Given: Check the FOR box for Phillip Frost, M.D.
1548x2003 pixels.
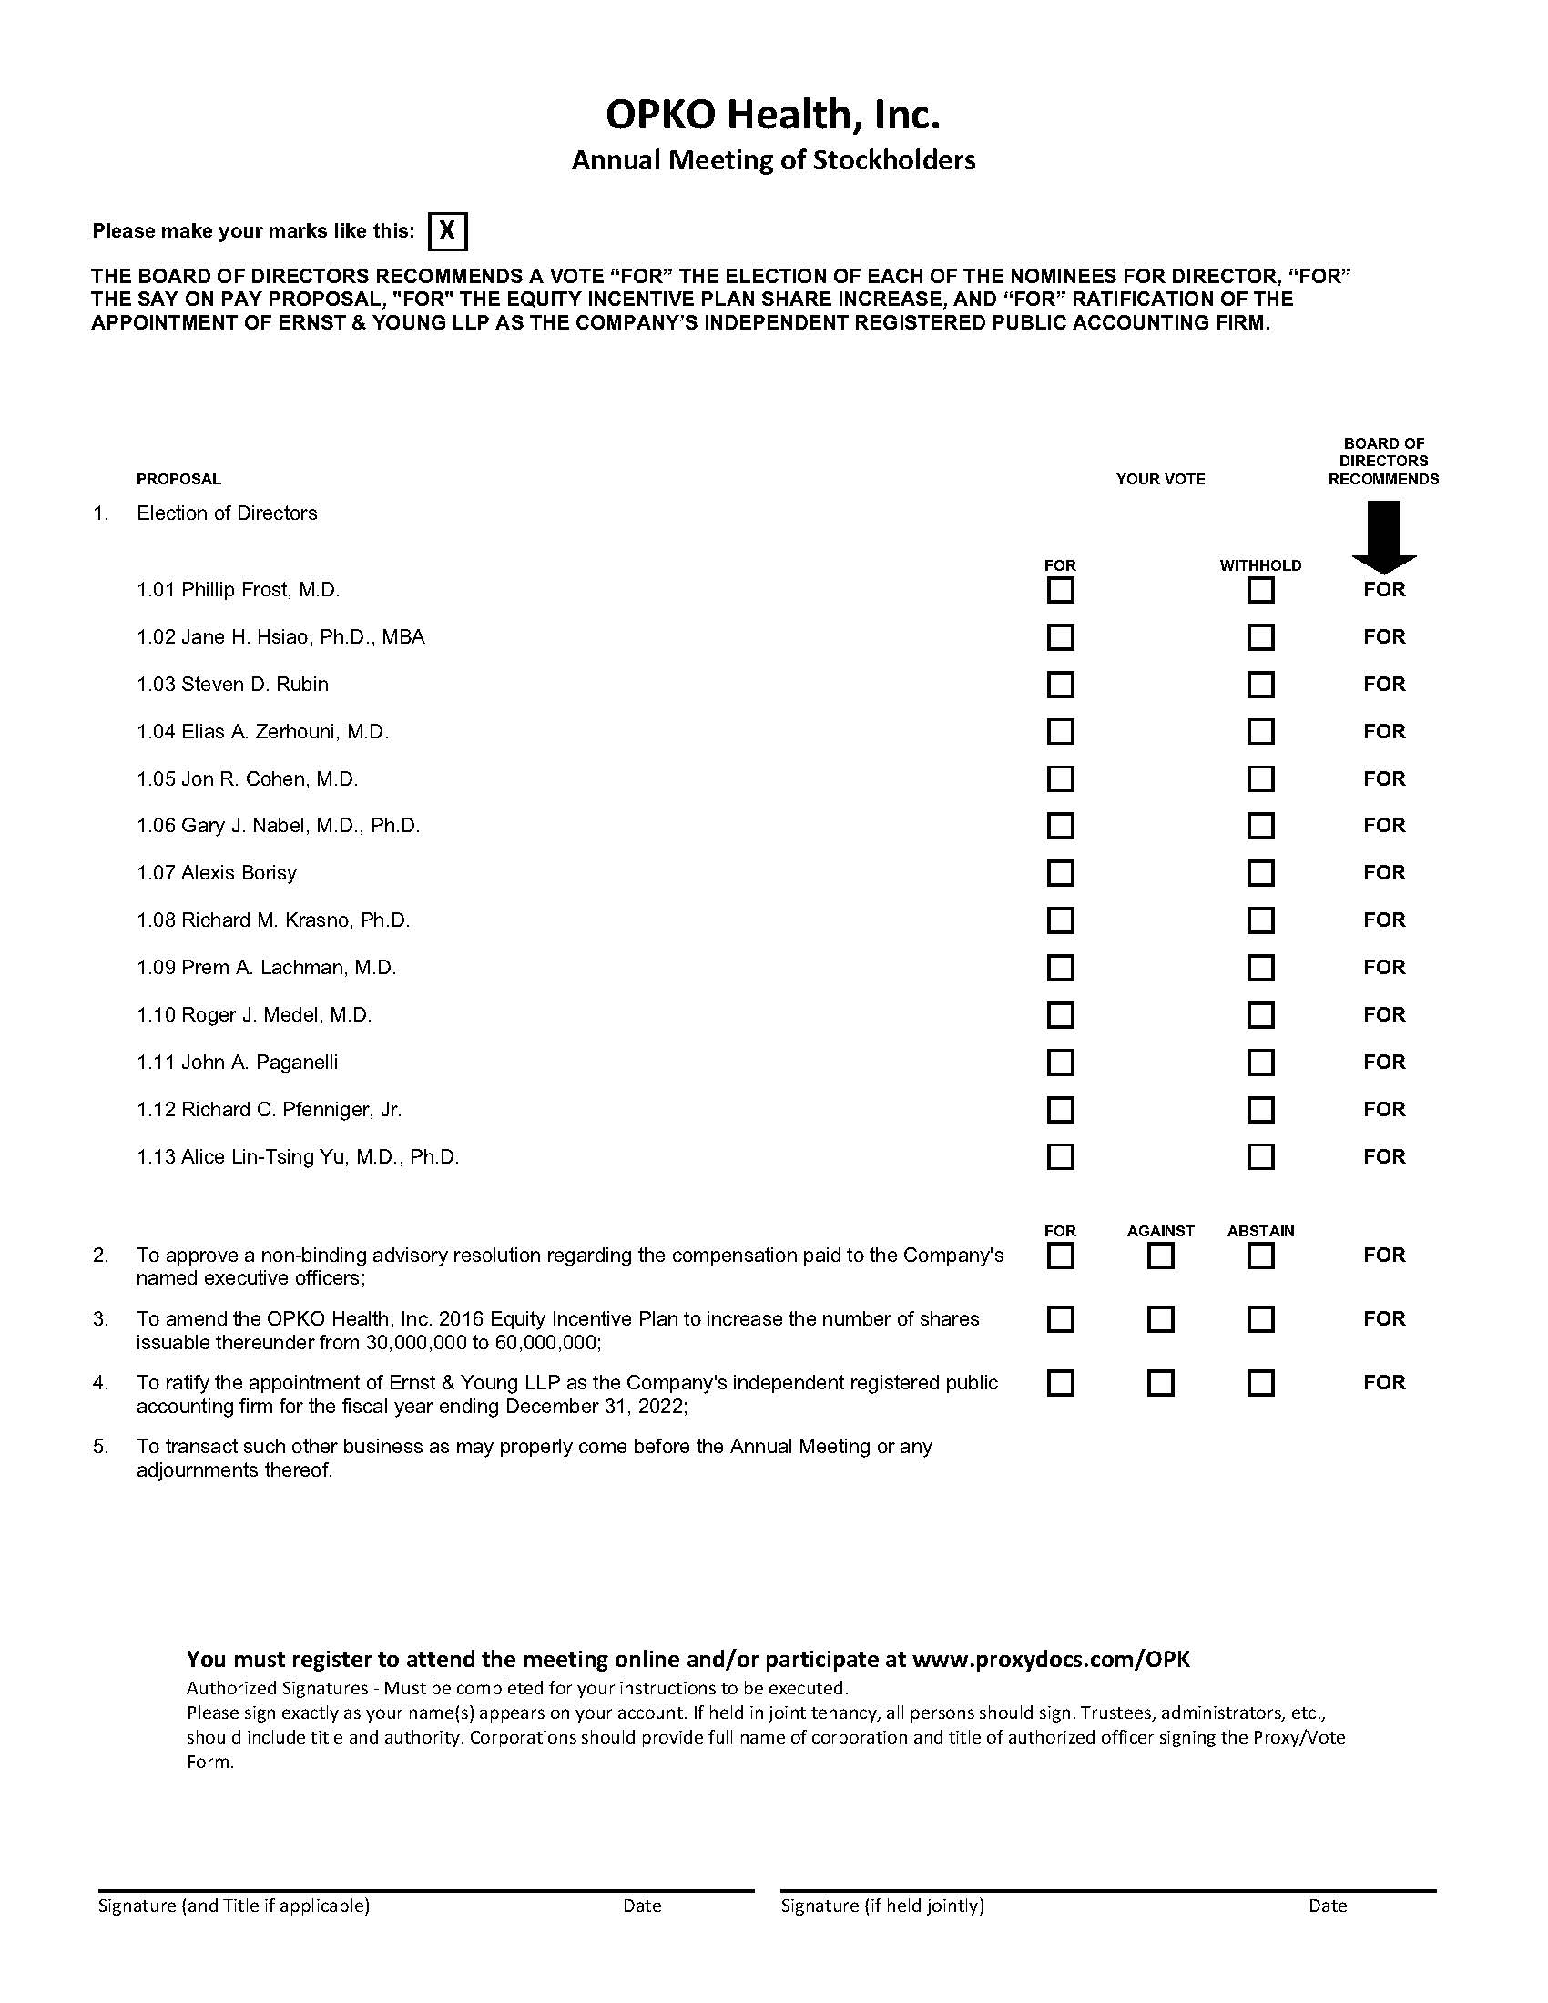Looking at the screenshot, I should [x=1060, y=590].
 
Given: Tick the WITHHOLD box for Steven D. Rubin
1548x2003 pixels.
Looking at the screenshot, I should [x=1260, y=684].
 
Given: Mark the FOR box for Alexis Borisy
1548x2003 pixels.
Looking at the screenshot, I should [x=1060, y=873].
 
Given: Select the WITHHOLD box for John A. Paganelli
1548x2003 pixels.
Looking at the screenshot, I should [x=1260, y=1062].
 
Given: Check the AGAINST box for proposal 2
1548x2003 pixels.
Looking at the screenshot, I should [x=1160, y=1256].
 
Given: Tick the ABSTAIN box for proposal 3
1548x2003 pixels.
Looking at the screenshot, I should [x=1260, y=1320].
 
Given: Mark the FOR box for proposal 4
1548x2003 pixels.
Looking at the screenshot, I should [x=1060, y=1383].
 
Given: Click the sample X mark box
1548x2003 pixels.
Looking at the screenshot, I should [x=447, y=231].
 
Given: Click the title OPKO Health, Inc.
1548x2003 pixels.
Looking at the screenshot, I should [x=773, y=115].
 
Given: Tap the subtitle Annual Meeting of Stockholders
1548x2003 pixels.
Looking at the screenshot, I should [x=773, y=160].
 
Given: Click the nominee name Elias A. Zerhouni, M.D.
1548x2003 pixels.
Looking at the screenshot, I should [x=284, y=732].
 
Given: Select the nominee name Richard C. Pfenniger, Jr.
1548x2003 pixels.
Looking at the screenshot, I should [x=290, y=1110].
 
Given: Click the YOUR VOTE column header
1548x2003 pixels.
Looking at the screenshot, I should [x=1160, y=479].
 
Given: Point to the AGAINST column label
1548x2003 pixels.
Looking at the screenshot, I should [x=1160, y=1231].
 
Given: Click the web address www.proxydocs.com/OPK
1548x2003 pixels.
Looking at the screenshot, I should [x=1051, y=1658].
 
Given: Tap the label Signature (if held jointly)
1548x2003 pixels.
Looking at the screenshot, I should [x=882, y=1906].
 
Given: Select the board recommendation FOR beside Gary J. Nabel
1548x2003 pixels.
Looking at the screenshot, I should [x=1384, y=826].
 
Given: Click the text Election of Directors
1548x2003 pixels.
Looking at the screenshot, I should [x=227, y=513].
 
